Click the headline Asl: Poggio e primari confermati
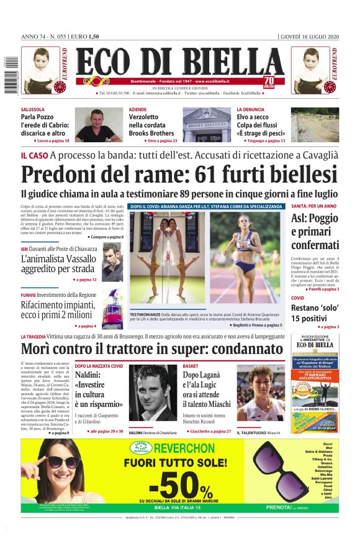coord(315,231)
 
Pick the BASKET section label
coord(191,366)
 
